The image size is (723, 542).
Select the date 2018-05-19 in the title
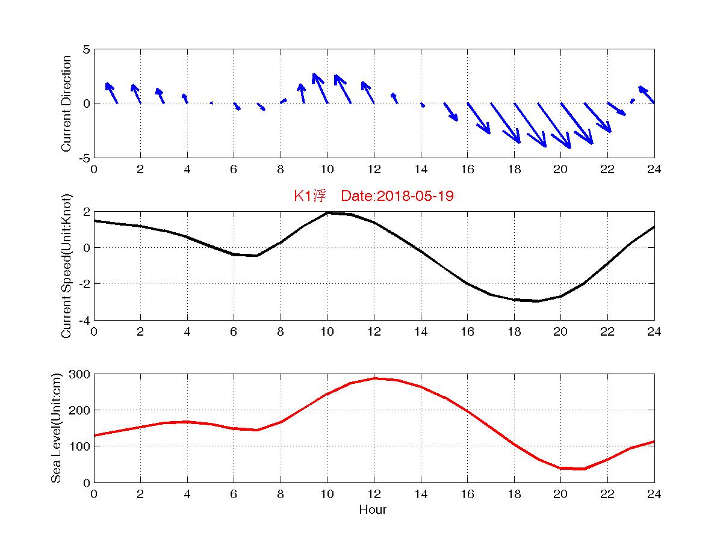coord(418,196)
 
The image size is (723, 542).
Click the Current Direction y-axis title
coord(67,103)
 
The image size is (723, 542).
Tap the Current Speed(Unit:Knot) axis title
coord(67,266)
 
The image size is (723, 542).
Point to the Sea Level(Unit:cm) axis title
coord(56,428)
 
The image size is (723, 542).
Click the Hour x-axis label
coord(373,510)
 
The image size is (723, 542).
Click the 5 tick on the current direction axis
coord(86,49)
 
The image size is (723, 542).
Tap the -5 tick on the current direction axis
coord(84,158)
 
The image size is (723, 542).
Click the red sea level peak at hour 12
coord(374,378)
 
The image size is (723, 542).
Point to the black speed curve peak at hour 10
coord(327,213)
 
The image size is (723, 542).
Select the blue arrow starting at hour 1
coord(111,93)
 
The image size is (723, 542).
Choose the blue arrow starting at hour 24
coord(647,94)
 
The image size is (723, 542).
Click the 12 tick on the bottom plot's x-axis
coord(374,494)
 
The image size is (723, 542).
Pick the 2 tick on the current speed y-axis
coord(86,212)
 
